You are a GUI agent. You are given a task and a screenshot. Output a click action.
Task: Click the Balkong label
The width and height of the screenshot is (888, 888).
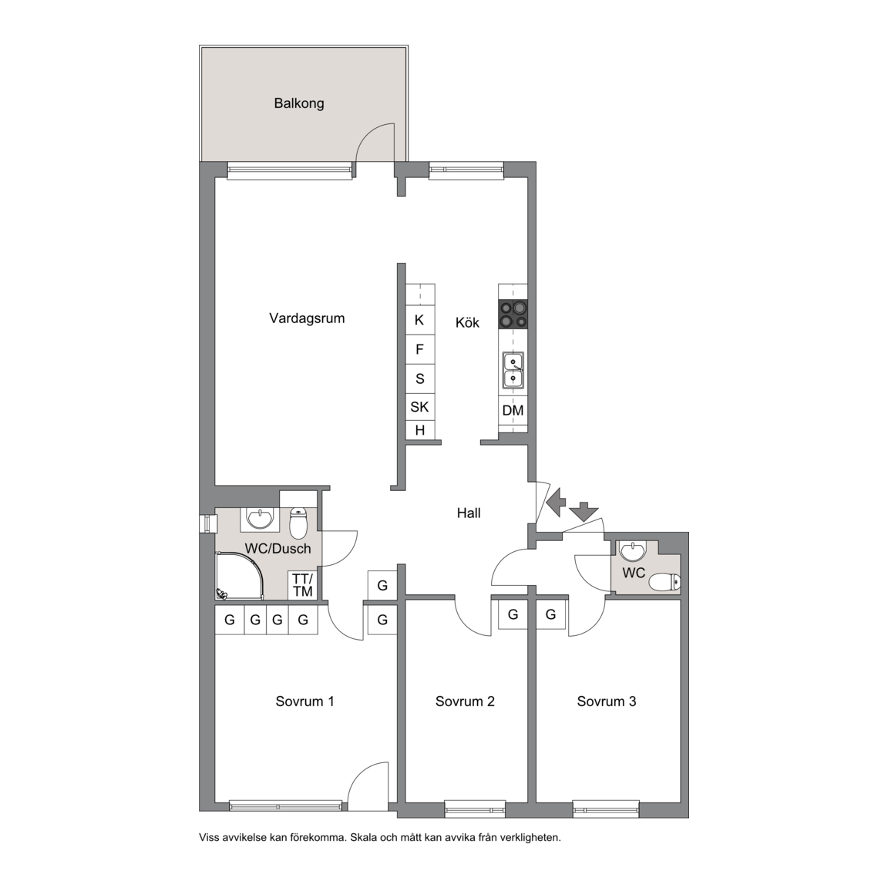[x=299, y=103]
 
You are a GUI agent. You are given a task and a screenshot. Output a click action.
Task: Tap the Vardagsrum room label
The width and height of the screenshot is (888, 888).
[x=307, y=318]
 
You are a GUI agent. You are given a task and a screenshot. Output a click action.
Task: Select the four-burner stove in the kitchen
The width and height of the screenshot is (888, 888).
[x=513, y=314]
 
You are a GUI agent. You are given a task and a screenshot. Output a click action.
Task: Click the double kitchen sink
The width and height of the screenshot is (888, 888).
[x=513, y=370]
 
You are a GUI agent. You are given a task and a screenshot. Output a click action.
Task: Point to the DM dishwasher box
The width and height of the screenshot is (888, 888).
[x=513, y=410]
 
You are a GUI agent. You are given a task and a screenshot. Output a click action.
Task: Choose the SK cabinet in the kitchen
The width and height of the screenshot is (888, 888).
[x=419, y=407]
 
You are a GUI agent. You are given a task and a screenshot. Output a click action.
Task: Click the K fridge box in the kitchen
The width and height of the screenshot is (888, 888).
[x=419, y=321]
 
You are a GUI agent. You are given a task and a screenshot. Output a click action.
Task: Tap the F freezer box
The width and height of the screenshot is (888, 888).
[x=419, y=349]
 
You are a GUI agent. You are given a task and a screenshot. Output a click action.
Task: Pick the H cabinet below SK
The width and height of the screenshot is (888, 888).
[x=419, y=430]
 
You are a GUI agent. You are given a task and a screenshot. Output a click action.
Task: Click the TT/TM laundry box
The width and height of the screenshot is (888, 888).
[x=302, y=585]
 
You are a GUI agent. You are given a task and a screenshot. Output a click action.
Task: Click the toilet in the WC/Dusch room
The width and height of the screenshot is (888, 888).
[x=298, y=522]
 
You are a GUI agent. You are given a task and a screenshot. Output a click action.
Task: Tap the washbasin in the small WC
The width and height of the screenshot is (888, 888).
[x=633, y=551]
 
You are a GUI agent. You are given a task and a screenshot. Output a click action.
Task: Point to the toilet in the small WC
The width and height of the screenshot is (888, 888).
[x=664, y=582]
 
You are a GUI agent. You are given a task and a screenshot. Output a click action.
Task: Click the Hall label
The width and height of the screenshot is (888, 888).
[x=469, y=513]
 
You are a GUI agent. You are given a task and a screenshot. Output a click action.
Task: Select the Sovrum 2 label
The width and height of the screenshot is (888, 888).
[x=465, y=701]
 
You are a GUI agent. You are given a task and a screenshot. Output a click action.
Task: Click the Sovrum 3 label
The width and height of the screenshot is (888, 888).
[x=607, y=701]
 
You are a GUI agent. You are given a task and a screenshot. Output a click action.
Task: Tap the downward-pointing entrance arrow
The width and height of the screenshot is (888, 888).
[x=584, y=512]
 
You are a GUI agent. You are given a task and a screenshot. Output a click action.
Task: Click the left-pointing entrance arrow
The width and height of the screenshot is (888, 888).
[x=556, y=502]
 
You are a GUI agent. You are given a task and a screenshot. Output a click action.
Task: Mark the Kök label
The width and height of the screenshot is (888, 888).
[x=467, y=323]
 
